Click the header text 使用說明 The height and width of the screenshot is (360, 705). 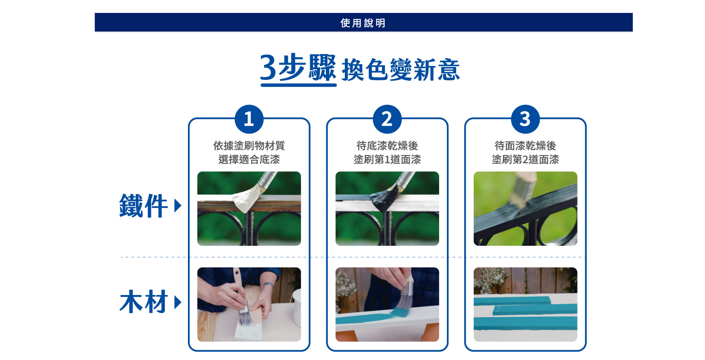click(x=363, y=23)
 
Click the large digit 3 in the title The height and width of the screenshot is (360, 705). click(x=268, y=67)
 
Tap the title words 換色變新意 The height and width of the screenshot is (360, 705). click(x=401, y=70)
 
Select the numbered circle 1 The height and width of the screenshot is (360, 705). click(x=249, y=119)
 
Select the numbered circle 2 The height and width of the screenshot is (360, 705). click(x=387, y=119)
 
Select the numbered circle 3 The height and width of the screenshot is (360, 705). click(x=525, y=119)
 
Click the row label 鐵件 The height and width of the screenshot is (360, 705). click(x=144, y=206)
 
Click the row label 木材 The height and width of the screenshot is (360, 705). click(x=144, y=302)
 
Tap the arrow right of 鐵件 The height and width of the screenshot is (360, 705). click(x=178, y=205)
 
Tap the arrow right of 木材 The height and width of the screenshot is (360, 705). click(x=178, y=302)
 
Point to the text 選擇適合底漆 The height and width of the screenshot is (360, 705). click(x=249, y=159)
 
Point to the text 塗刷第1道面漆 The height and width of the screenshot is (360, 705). click(x=387, y=159)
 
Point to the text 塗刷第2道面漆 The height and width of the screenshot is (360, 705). click(x=525, y=159)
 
